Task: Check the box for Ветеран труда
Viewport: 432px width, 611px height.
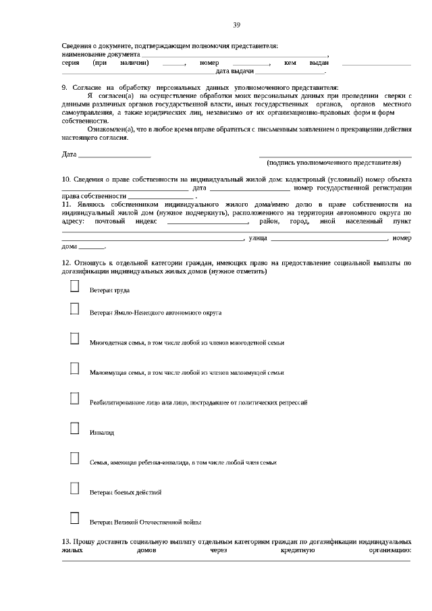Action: point(75,287)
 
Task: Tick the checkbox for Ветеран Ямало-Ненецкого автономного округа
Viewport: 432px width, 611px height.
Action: point(75,309)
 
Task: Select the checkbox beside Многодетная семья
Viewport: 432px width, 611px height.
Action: point(75,338)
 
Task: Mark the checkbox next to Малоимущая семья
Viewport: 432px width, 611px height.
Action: point(75,368)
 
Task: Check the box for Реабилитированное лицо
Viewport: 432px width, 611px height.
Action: point(75,398)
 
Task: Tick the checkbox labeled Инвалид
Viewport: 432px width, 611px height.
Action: point(75,428)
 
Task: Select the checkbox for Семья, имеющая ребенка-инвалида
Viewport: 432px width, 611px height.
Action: point(75,458)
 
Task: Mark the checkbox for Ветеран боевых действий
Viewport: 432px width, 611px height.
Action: point(75,488)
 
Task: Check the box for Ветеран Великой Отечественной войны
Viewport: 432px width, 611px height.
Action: point(75,518)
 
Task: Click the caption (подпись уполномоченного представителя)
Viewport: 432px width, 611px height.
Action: point(335,163)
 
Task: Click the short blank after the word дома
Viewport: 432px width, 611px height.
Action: point(92,246)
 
